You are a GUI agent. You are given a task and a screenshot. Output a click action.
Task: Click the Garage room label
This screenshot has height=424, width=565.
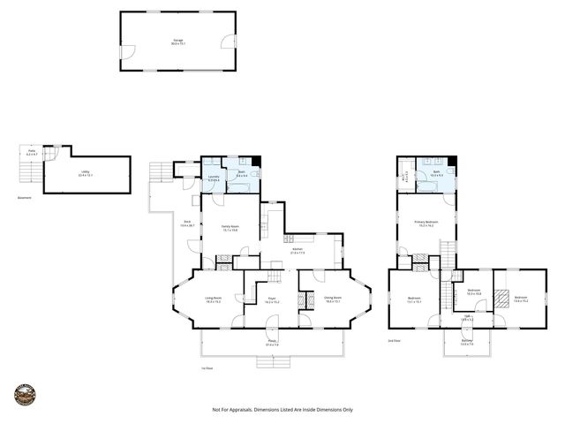[178, 42]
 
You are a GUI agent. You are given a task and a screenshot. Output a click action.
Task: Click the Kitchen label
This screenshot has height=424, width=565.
[298, 252]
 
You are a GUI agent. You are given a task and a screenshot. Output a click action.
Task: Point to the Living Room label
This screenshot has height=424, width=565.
[213, 299]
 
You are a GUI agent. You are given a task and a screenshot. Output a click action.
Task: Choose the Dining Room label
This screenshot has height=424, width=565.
[333, 299]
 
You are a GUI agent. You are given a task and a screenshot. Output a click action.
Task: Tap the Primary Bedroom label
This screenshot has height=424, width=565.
[426, 223]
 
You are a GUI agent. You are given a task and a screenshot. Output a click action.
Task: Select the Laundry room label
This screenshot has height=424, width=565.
[214, 178]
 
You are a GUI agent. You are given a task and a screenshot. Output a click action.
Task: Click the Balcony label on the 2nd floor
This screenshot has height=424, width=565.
[466, 339]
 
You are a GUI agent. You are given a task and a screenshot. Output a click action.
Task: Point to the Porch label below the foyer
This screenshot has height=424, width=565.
[272, 343]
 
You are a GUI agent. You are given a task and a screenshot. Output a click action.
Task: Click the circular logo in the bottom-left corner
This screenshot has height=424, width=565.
[25, 396]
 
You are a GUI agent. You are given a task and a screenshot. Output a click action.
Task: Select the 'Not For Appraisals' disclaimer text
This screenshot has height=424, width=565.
[282, 410]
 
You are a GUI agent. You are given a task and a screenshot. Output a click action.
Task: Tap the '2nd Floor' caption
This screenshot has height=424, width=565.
[395, 340]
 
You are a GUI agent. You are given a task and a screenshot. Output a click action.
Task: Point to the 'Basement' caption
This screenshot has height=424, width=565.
[25, 197]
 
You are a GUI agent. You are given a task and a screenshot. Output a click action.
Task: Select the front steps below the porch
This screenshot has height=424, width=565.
[272, 360]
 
